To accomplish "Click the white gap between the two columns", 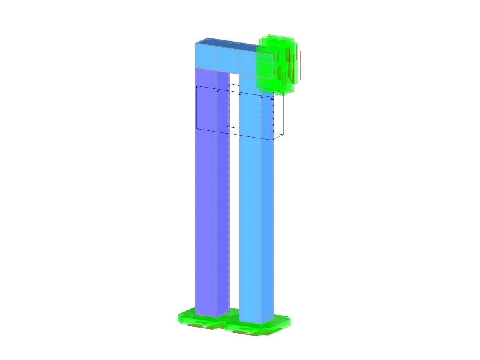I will click(234, 200).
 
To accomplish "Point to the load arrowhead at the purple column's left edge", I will click(197, 86).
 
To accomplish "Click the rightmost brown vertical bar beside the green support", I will click(300, 64).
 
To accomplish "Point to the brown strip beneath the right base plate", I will click(242, 332).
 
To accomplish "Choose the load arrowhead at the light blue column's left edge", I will click(240, 94).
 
